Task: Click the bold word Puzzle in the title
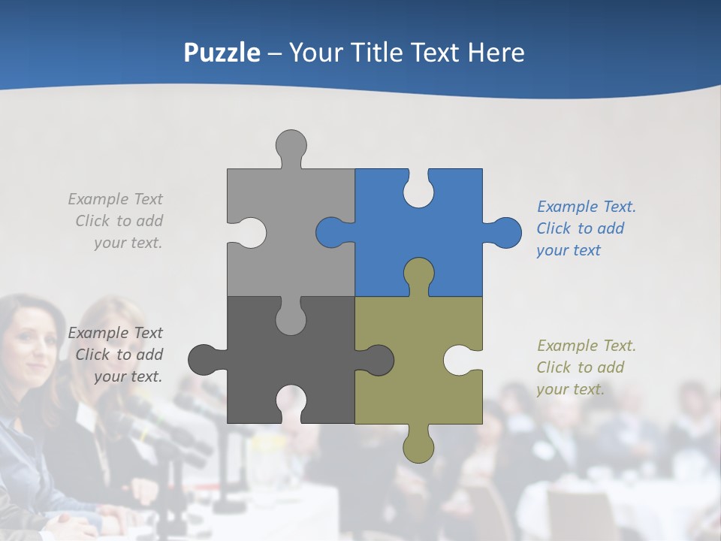222,53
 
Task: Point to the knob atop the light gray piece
291,145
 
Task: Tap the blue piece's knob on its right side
504,232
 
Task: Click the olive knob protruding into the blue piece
418,274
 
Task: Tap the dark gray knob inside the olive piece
376,360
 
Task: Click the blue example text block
586,228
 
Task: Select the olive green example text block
586,367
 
